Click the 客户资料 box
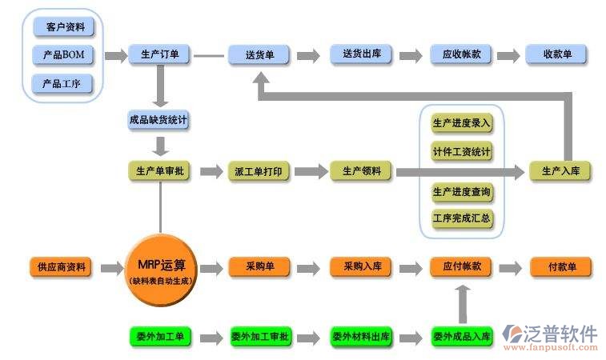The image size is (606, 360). pyautogui.click(x=64, y=27)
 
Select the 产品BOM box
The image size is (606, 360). pyautogui.click(x=64, y=55)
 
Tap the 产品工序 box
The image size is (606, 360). pyautogui.click(x=64, y=83)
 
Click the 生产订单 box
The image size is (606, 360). pyautogui.click(x=159, y=55)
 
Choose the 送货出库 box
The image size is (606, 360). pyautogui.click(x=361, y=55)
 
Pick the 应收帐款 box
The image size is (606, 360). pyautogui.click(x=461, y=55)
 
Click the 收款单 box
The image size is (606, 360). pyautogui.click(x=556, y=55)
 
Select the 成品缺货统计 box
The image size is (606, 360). pyautogui.click(x=159, y=121)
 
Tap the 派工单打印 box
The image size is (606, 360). pyautogui.click(x=259, y=171)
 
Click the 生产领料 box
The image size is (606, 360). pyautogui.click(x=361, y=171)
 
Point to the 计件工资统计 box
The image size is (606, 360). pyautogui.click(x=462, y=152)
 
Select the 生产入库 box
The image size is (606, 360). pyautogui.click(x=560, y=171)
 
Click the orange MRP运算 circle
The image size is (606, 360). pyautogui.click(x=162, y=270)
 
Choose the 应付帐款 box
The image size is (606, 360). pyautogui.click(x=461, y=267)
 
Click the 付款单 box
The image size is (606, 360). pyautogui.click(x=560, y=267)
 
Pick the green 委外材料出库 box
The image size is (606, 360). pyautogui.click(x=361, y=337)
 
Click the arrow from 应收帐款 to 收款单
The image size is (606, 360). pyautogui.click(x=508, y=56)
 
